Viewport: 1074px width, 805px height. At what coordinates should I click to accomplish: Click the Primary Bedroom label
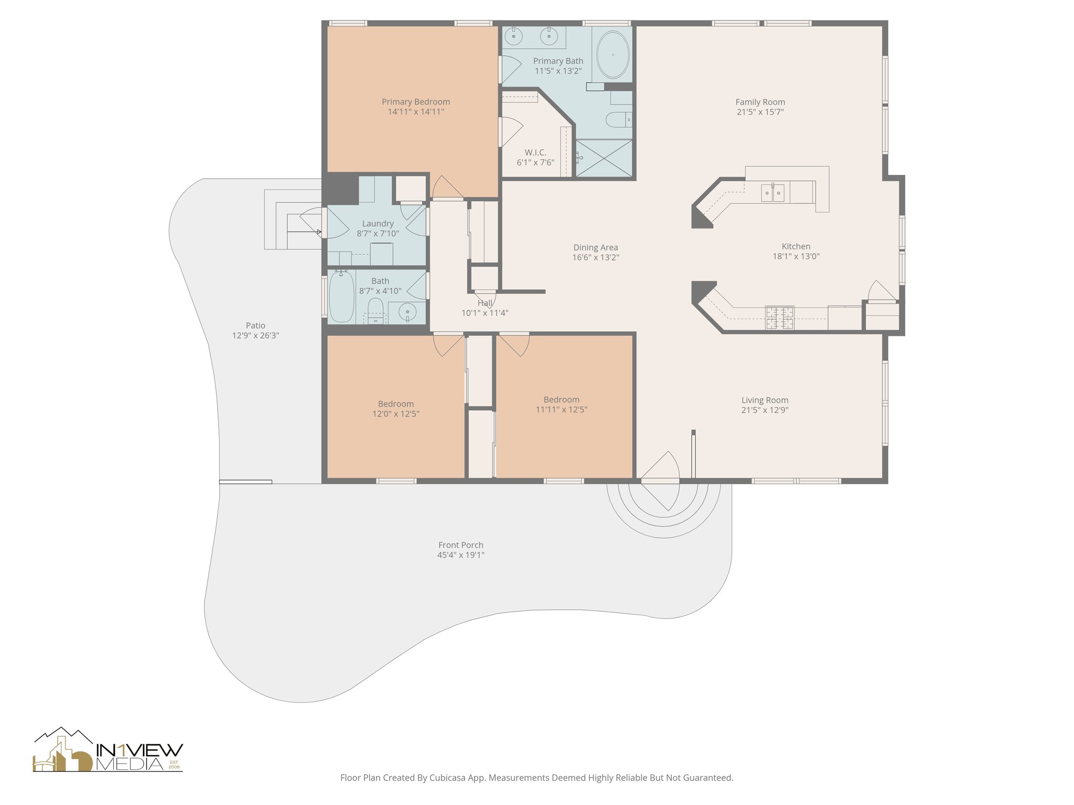click(x=415, y=102)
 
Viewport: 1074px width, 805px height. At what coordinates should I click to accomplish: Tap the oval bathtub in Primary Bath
click(x=613, y=55)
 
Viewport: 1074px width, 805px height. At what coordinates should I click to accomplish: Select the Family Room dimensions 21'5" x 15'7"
click(x=760, y=112)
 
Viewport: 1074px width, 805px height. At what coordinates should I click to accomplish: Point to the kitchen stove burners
click(x=779, y=318)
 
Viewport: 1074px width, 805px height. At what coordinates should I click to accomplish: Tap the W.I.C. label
click(x=535, y=153)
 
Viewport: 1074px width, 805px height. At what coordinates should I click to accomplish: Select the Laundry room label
click(x=378, y=223)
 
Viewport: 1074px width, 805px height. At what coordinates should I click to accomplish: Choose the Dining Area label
click(x=595, y=247)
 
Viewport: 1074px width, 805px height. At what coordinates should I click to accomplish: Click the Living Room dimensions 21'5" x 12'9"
click(x=765, y=410)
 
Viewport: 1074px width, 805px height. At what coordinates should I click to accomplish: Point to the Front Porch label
click(x=460, y=545)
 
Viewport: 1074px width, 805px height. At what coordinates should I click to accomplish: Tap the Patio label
click(x=255, y=325)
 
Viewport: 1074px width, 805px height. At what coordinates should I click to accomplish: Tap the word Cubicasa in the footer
click(x=449, y=778)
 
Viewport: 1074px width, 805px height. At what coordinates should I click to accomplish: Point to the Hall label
click(x=485, y=303)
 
